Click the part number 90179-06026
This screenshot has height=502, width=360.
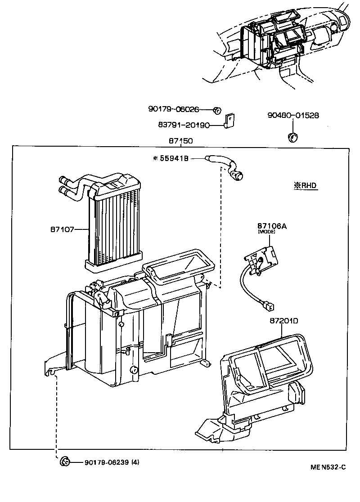[x=173, y=109]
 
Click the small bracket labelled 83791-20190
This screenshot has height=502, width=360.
[x=230, y=121]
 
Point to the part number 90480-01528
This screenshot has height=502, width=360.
[x=293, y=115]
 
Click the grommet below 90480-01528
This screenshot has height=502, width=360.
[x=293, y=136]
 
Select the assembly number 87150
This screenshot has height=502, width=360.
[x=180, y=141]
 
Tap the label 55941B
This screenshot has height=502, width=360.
[x=173, y=158]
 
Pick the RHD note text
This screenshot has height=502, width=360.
[x=306, y=185]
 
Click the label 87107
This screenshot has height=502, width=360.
[x=62, y=229]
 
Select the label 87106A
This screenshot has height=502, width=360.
[x=272, y=226]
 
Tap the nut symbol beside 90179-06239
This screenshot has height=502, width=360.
[x=64, y=461]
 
